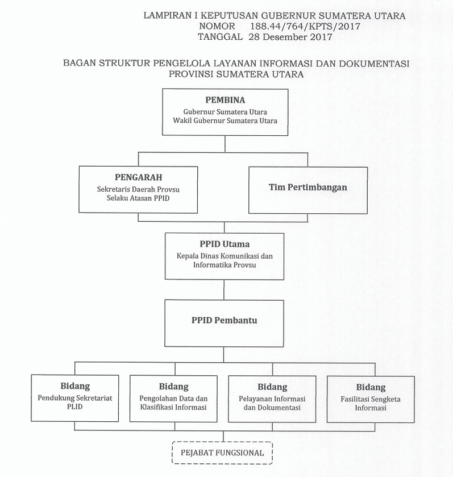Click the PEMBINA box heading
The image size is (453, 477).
click(225, 100)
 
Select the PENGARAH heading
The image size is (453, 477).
click(138, 177)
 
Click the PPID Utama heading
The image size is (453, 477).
click(225, 244)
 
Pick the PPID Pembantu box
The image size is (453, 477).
click(225, 321)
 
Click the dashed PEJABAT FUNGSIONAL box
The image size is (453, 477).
click(222, 453)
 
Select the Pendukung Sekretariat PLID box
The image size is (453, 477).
click(75, 398)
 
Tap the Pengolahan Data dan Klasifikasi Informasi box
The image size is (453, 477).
click(173, 398)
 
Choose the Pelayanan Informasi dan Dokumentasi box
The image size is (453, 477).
click(272, 398)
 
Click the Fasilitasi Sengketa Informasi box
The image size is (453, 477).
click(370, 398)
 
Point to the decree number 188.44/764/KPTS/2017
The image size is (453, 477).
click(305, 26)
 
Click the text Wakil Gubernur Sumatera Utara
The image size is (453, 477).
click(225, 121)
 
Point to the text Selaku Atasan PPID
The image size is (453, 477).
click(138, 198)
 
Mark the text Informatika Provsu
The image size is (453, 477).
click(225, 265)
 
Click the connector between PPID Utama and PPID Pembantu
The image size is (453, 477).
click(225, 289)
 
